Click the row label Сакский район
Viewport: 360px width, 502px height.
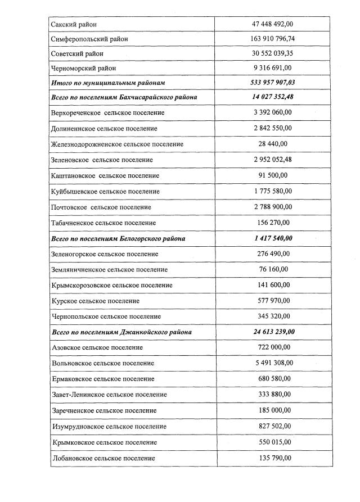(x=73, y=24)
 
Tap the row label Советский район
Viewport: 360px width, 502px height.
(x=77, y=53)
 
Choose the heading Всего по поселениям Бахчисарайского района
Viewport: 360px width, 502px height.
(x=124, y=97)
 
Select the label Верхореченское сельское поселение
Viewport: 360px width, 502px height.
(x=107, y=113)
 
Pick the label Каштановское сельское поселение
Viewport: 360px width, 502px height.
(x=105, y=175)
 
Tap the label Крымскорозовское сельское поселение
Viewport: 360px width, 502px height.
(x=111, y=285)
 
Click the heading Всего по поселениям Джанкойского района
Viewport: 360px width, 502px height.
(x=121, y=332)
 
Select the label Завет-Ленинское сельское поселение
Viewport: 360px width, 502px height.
(x=109, y=395)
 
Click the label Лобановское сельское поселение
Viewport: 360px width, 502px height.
(x=103, y=458)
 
